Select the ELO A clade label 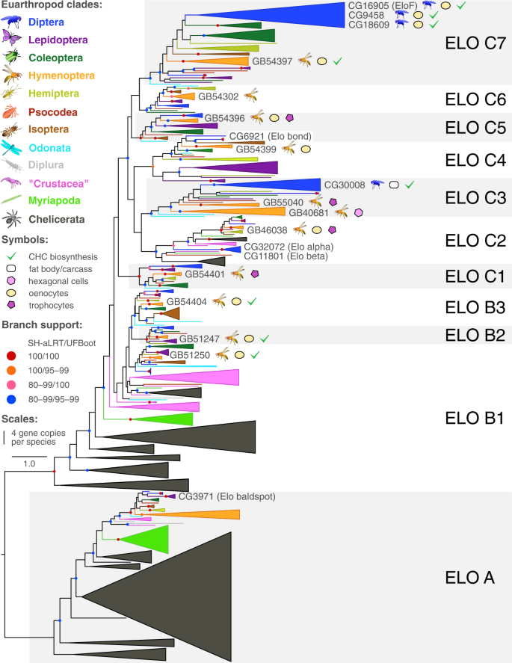pyautogui.click(x=466, y=576)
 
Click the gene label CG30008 pyautogui.click(x=344, y=183)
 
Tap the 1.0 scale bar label pyautogui.click(x=29, y=464)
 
